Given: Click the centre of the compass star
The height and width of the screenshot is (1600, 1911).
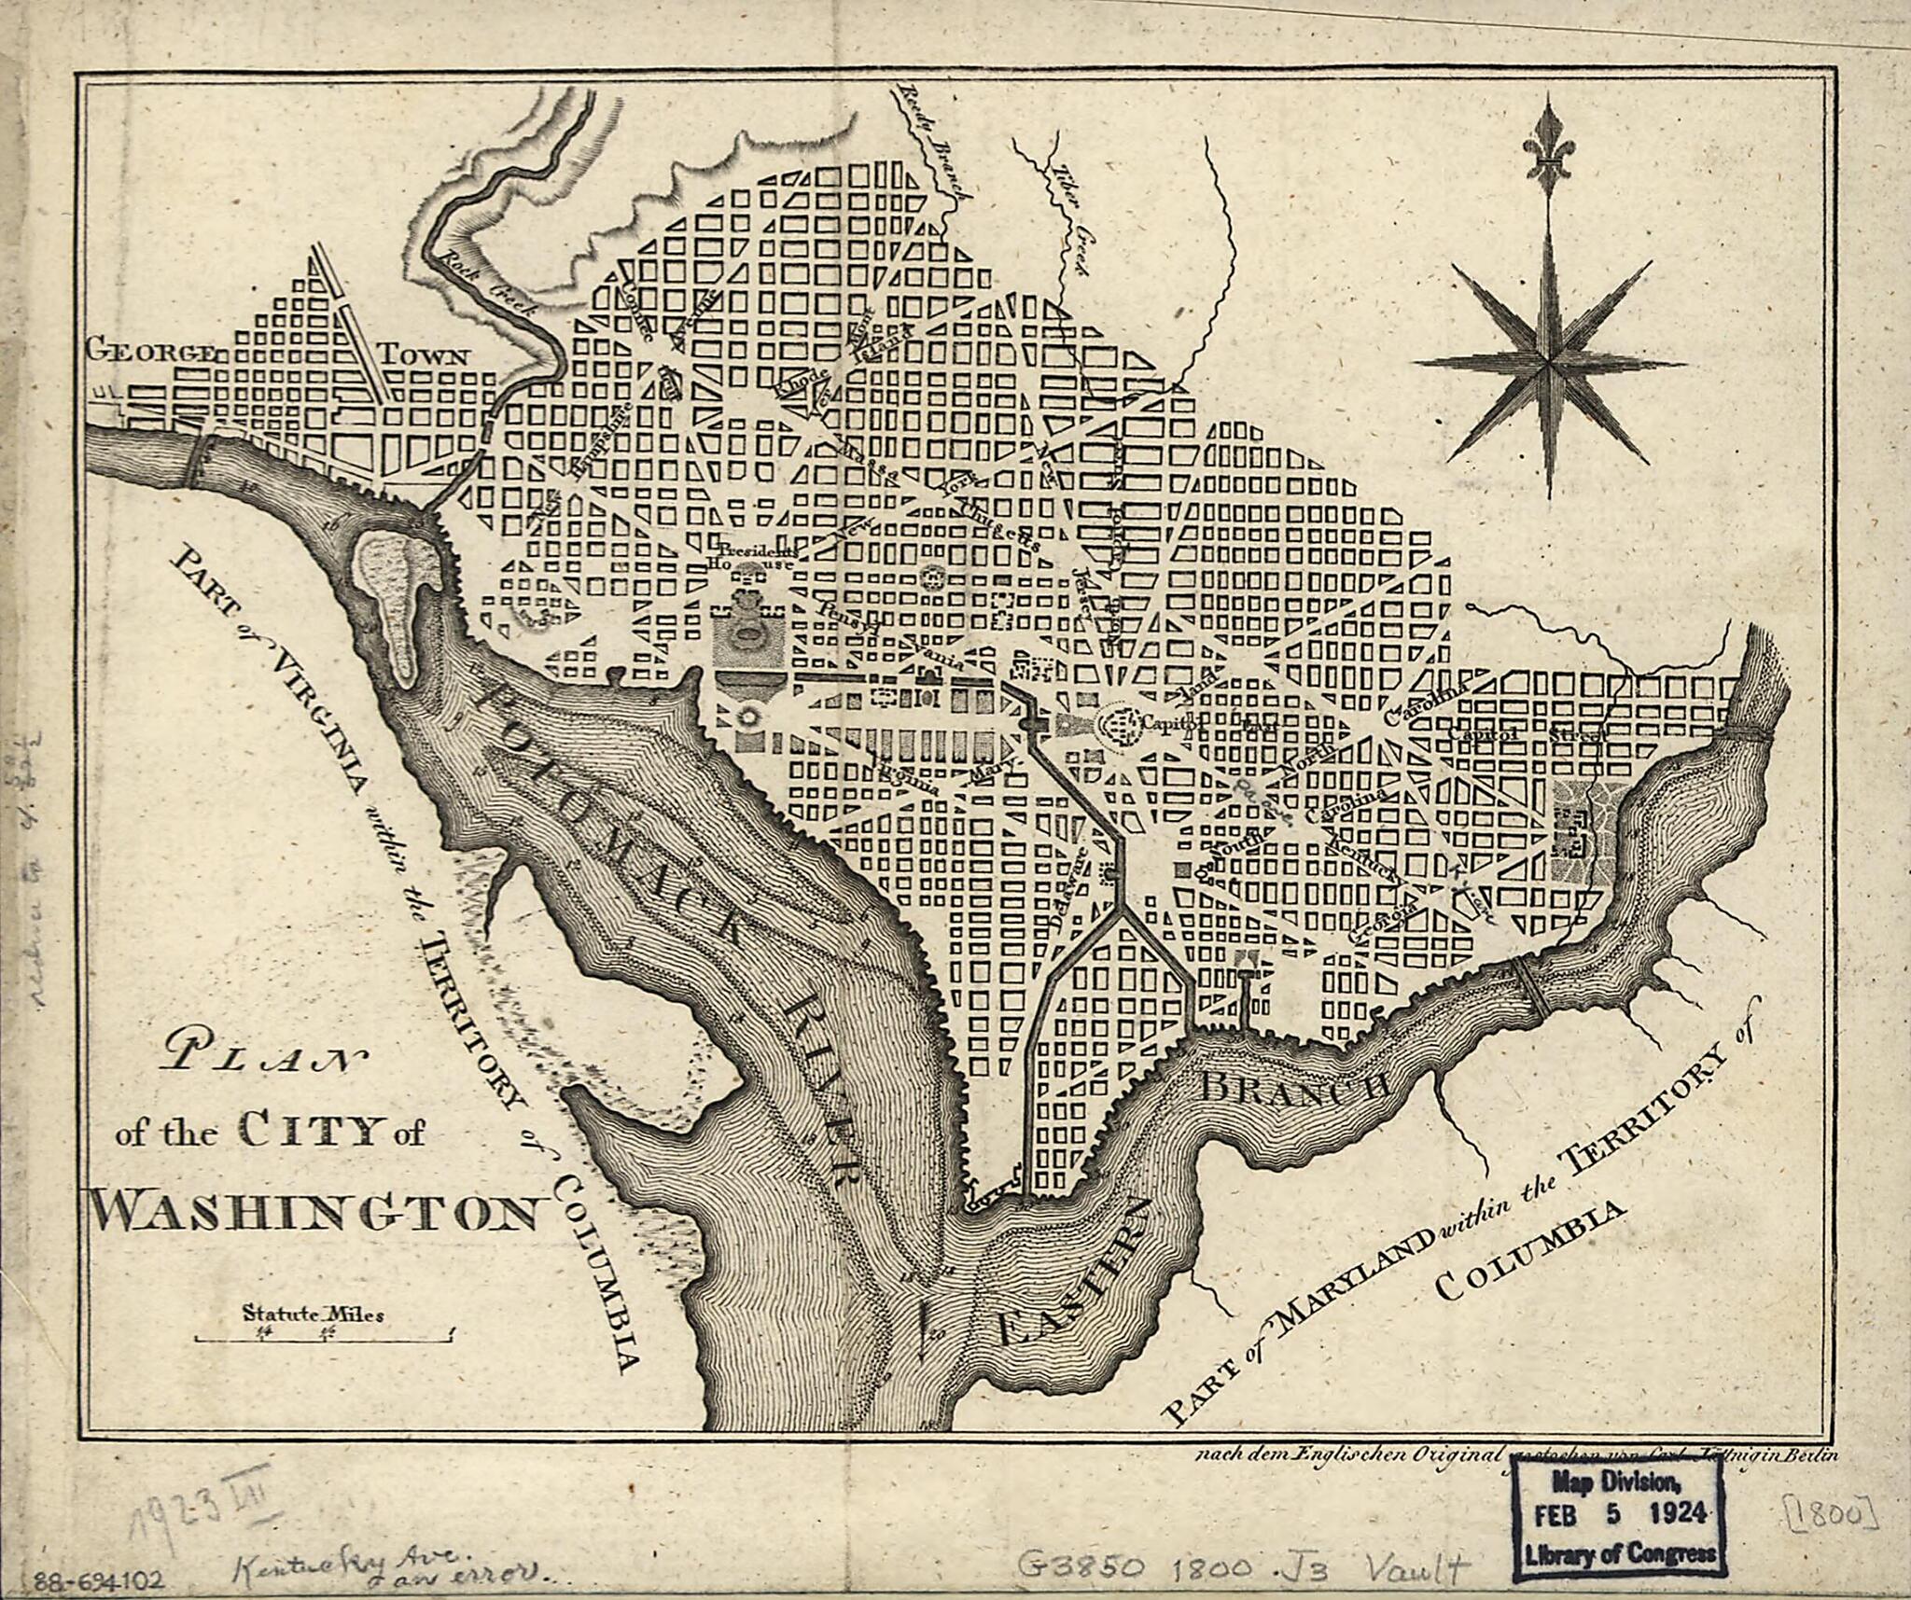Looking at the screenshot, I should (1548, 363).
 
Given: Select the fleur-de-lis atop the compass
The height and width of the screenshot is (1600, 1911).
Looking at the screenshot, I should (1548, 147).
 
